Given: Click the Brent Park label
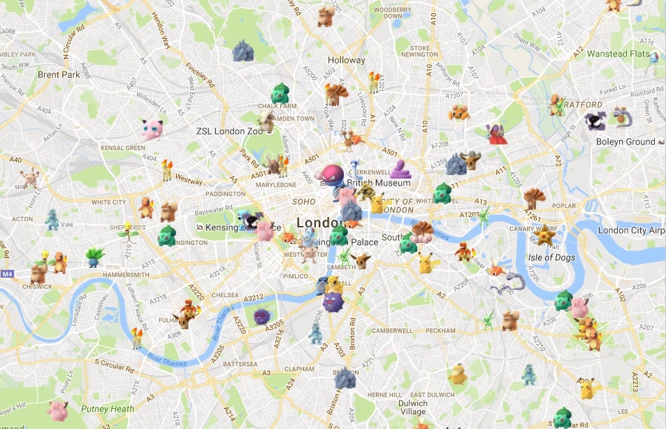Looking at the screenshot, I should [x=59, y=75].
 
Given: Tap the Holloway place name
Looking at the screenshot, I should [x=346, y=61].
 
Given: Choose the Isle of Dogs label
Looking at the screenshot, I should [x=550, y=257].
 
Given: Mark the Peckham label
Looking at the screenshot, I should [x=440, y=330].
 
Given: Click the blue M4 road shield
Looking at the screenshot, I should [x=7, y=273].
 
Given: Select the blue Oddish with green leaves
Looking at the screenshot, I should [x=95, y=256].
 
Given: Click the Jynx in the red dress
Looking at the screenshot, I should [x=497, y=133].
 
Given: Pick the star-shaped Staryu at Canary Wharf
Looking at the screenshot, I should [x=544, y=236].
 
